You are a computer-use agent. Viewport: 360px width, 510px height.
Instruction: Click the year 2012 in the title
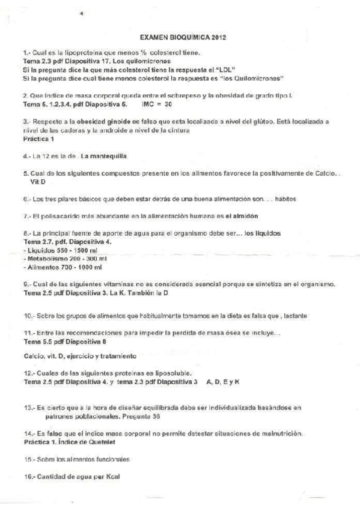(x=219, y=37)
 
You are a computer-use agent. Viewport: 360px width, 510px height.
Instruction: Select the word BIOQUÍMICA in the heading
(x=189, y=37)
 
